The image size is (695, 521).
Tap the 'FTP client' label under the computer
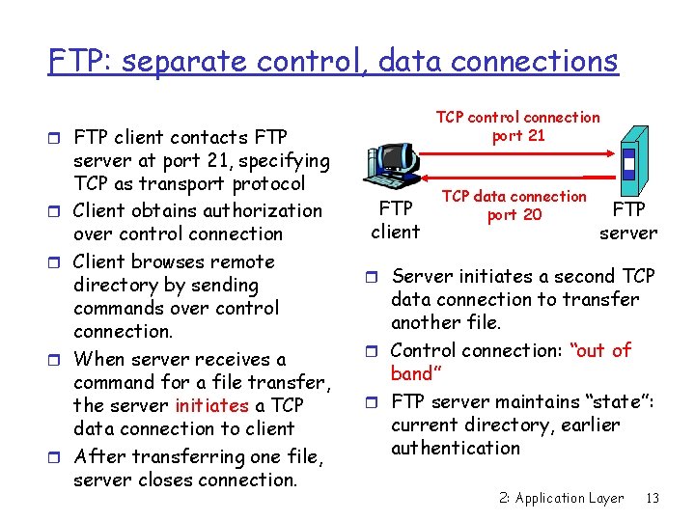396,220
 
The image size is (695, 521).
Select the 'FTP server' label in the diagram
628,221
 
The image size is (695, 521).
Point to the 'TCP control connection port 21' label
517,126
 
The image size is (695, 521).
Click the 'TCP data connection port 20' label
514,206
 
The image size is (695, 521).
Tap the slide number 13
653,499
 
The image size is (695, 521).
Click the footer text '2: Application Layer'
562,499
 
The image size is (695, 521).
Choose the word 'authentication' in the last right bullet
456,448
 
